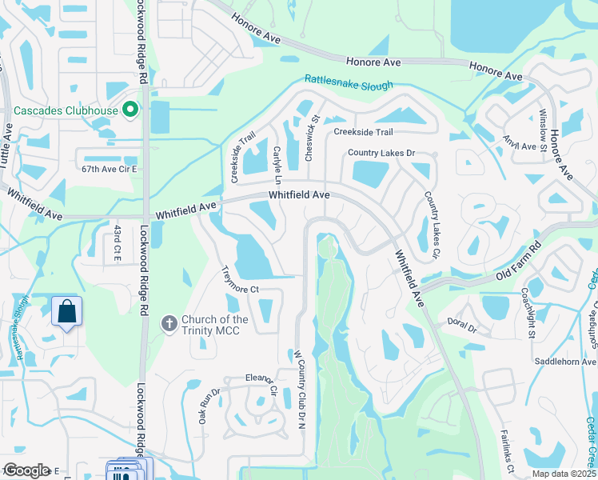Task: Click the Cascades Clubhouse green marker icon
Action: (133, 110)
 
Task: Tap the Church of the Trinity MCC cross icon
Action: (169, 324)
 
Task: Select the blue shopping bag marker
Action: (67, 312)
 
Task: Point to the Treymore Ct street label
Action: (239, 279)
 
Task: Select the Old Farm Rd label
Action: (517, 257)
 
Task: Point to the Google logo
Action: (26, 470)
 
